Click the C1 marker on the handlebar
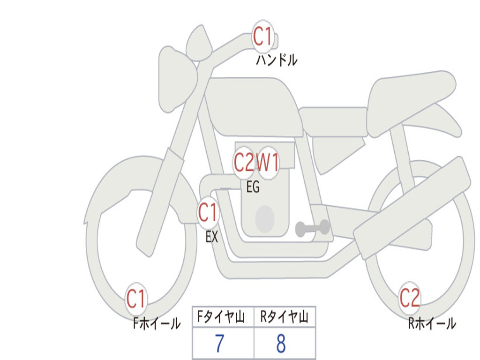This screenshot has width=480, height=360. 263,36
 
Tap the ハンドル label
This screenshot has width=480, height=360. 277,60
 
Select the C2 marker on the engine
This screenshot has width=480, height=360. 244,163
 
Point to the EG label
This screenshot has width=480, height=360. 253,187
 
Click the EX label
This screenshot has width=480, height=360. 212,237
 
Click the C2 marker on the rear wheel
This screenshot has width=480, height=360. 409,298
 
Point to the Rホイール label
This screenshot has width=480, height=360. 432,323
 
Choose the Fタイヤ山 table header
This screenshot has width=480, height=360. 223,318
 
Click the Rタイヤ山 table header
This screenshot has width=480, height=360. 285,318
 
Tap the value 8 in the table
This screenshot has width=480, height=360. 281,344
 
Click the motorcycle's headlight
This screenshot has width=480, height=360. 176,77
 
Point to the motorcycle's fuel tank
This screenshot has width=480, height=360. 253,105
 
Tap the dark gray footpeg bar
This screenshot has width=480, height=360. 312,228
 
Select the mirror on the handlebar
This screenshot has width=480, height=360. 198,43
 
